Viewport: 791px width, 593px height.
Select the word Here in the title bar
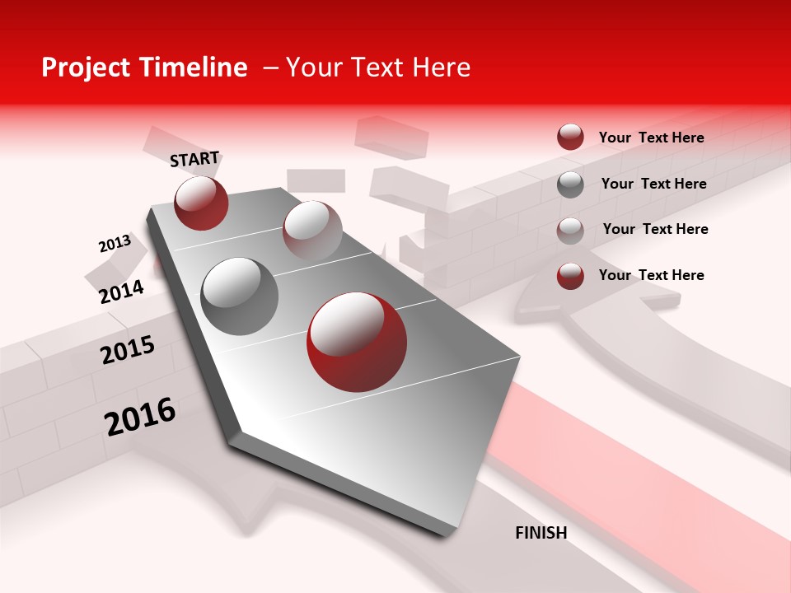click(441, 68)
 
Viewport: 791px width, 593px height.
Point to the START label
click(194, 159)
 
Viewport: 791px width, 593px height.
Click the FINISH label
click(541, 533)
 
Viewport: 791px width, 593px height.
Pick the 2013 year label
click(115, 244)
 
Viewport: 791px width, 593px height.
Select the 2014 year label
click(121, 292)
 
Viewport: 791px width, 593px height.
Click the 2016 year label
click(140, 417)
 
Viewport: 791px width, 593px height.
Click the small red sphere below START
click(201, 203)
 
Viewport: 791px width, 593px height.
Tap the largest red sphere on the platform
click(357, 341)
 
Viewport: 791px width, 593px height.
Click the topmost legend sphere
click(570, 137)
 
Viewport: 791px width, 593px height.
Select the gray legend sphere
click(570, 184)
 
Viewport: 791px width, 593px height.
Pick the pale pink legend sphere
click(570, 231)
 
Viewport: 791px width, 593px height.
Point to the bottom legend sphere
click(570, 277)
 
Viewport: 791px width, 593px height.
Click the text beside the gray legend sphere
click(653, 184)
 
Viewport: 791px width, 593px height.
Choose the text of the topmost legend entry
click(651, 138)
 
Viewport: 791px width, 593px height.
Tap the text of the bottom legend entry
click(651, 275)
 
